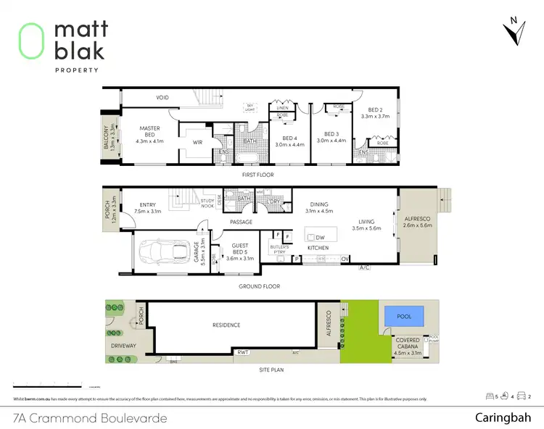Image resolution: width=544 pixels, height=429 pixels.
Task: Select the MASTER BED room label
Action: click(150, 135)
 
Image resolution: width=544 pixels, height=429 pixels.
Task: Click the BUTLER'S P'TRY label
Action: click(280, 250)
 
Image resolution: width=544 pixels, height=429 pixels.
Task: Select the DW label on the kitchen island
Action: click(321, 237)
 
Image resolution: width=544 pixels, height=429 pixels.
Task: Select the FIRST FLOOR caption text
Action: click(258, 175)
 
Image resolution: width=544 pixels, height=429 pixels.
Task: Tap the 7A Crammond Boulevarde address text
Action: click(91, 418)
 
